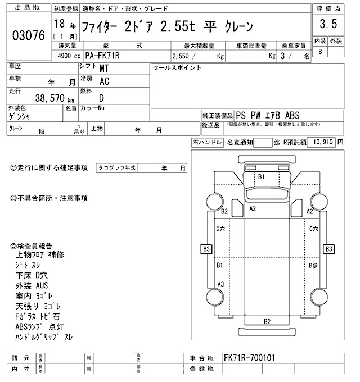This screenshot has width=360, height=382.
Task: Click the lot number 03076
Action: coord(28,36)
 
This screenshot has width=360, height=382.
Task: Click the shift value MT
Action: coord(104,69)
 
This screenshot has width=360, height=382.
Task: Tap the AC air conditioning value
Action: coord(104,82)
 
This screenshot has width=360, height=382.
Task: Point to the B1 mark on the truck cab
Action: coord(261,177)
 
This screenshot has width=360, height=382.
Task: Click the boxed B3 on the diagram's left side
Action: coord(206,248)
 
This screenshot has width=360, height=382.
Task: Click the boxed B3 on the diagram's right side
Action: coord(328,248)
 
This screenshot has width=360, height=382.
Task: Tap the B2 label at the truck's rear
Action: coord(267,321)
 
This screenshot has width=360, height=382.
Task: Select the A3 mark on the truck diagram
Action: coord(221,283)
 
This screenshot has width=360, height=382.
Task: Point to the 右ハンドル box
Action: coord(206,143)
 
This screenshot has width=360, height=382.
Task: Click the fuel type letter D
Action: coord(102,97)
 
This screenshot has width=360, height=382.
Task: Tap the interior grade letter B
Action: coord(321,51)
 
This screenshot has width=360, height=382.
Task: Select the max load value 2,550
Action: coord(183,56)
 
